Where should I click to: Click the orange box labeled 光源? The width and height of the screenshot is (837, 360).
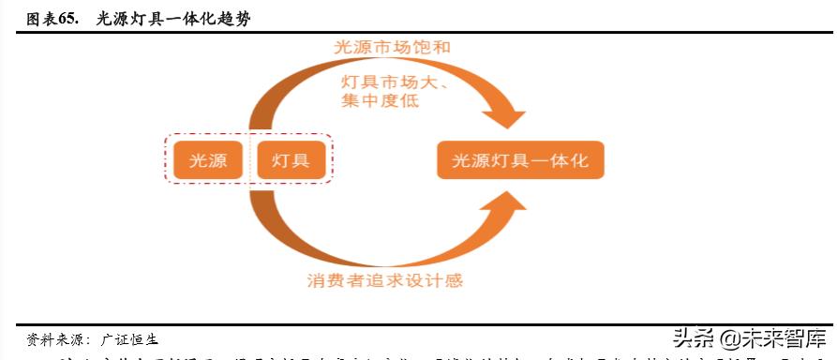click(x=207, y=160)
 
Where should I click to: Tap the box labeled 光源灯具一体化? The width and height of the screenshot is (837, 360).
click(x=520, y=160)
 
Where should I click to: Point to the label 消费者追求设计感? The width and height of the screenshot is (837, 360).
click(x=384, y=279)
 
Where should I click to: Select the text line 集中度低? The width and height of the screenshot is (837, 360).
click(x=381, y=99)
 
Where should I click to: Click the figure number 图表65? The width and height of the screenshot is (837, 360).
click(x=51, y=17)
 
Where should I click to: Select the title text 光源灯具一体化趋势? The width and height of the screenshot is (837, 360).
click(x=173, y=17)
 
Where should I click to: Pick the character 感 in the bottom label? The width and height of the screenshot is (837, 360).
click(x=454, y=279)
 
